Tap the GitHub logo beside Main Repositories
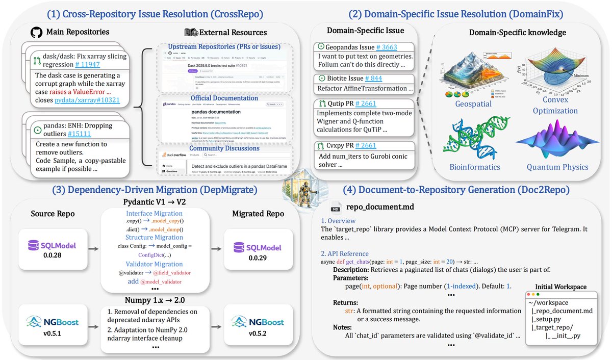point(34,32)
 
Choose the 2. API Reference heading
point(345,253)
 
